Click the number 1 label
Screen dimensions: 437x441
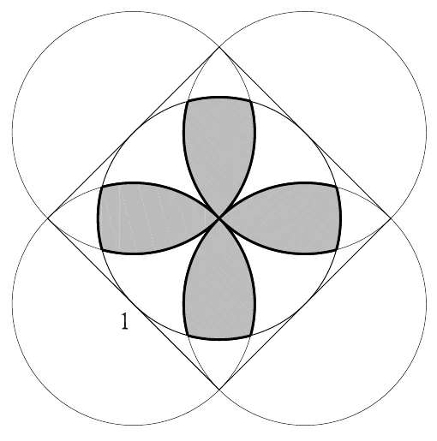[124, 321]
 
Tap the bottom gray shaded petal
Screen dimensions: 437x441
[219, 285]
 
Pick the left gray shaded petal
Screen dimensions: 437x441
[152, 218]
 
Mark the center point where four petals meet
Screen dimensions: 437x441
[219, 218]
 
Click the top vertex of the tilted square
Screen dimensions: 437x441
[219, 47]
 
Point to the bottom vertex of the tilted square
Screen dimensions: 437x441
[219, 390]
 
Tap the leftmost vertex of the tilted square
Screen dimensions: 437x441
[48, 218]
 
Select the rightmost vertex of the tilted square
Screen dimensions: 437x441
[391, 218]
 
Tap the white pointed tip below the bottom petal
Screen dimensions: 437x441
[219, 360]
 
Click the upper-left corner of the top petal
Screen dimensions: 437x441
[188, 101]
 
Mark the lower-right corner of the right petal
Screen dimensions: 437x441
[338, 250]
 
